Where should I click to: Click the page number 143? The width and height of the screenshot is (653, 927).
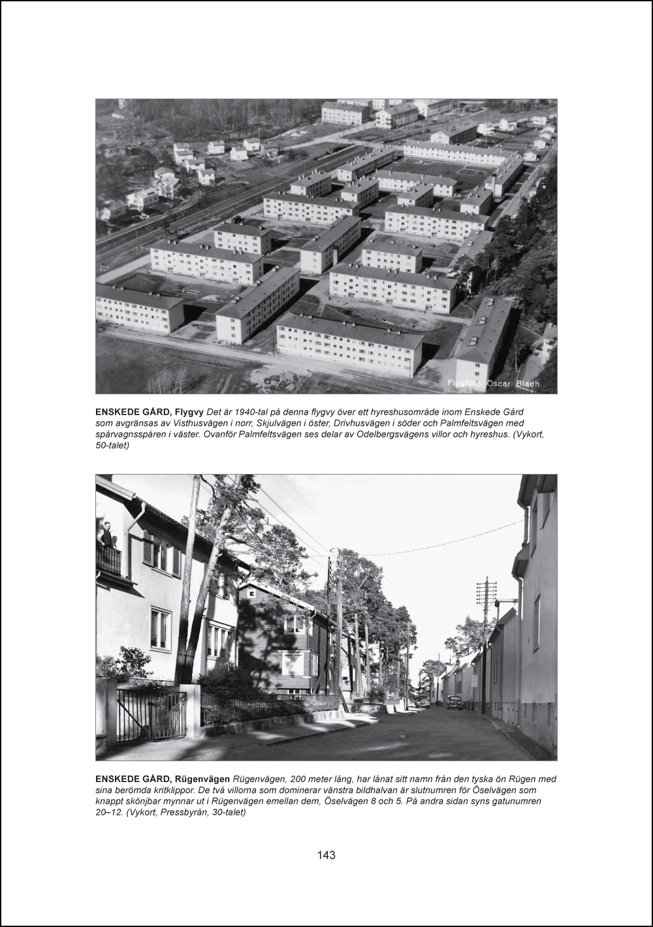(326, 855)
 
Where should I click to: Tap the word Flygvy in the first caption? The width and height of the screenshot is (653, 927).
(190, 413)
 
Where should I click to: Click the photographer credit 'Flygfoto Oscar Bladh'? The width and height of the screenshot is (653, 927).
(493, 384)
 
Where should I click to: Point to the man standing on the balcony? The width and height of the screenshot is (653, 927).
(106, 534)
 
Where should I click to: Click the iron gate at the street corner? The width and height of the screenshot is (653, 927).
(151, 717)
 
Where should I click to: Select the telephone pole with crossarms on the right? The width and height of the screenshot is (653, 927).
(485, 643)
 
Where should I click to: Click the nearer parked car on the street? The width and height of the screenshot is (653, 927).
(454, 702)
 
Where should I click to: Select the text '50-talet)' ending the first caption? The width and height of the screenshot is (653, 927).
(113, 445)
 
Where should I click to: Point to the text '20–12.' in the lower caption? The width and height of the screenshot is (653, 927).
(109, 811)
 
